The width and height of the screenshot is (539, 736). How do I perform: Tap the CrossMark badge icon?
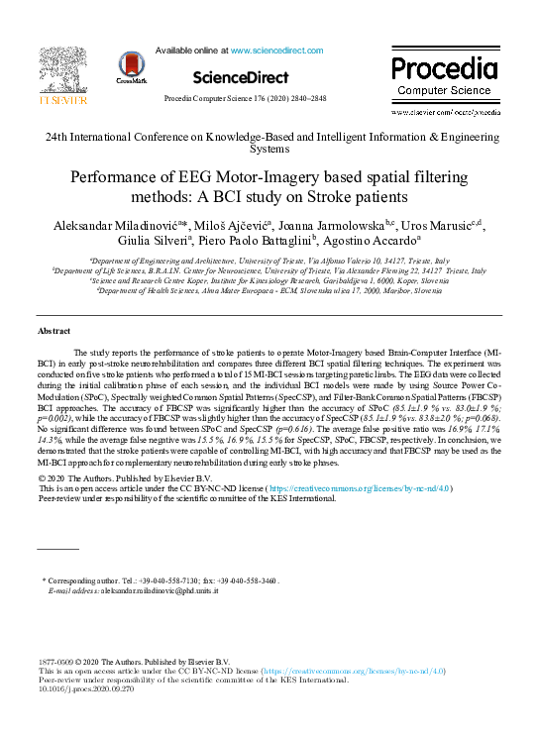tap(132, 66)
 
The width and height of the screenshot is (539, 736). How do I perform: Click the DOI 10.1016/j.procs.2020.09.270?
tap(87, 690)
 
